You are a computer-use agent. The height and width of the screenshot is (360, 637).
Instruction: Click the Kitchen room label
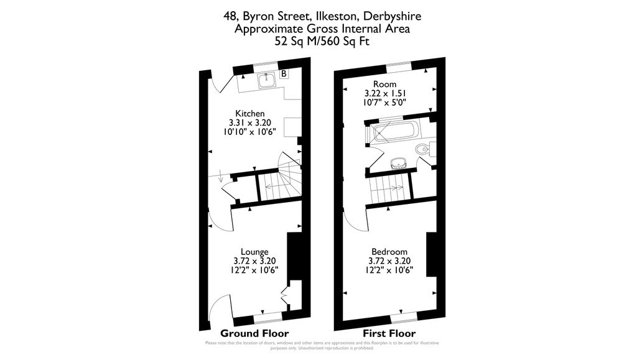click(x=250, y=114)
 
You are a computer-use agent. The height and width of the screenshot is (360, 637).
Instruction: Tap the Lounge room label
click(x=255, y=252)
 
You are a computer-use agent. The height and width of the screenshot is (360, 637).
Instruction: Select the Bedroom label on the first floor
click(x=389, y=252)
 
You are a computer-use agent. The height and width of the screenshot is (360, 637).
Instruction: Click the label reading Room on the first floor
click(x=384, y=85)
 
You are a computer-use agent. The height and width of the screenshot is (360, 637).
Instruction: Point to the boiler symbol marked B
click(x=284, y=74)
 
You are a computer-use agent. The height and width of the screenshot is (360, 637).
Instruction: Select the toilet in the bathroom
click(x=425, y=149)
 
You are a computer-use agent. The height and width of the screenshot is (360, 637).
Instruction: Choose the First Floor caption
click(x=389, y=333)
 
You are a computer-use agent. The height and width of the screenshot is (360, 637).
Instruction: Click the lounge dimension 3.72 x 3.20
click(x=255, y=261)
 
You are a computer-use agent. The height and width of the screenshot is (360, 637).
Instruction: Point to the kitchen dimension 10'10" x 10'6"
click(x=250, y=132)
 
